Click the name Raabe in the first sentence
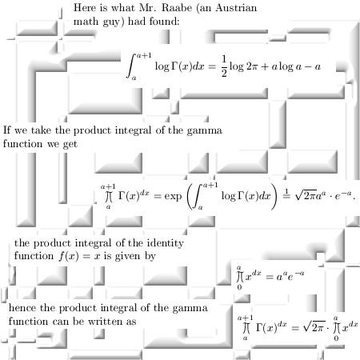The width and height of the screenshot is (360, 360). coord(177,8)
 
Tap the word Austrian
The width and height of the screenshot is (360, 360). coord(236,8)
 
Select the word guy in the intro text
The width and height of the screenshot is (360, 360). coord(113,22)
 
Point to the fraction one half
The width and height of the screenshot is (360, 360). coord(224,66)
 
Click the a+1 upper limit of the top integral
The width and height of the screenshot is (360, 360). coord(144,56)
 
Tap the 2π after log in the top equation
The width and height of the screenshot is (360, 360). coord(252,66)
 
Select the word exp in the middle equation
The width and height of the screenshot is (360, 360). coord(173,197)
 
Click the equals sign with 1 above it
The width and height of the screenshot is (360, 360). coord(286,194)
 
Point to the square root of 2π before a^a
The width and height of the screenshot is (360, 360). coord(306,195)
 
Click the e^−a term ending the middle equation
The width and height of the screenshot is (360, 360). coord(343,195)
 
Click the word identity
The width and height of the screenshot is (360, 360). coord(166,243)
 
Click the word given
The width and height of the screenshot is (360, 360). coord(127,257)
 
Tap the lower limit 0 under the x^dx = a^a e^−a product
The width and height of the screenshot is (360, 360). coord(239,287)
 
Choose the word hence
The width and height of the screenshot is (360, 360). coord(22,308)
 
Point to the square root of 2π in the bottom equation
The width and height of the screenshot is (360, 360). coord(314,326)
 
